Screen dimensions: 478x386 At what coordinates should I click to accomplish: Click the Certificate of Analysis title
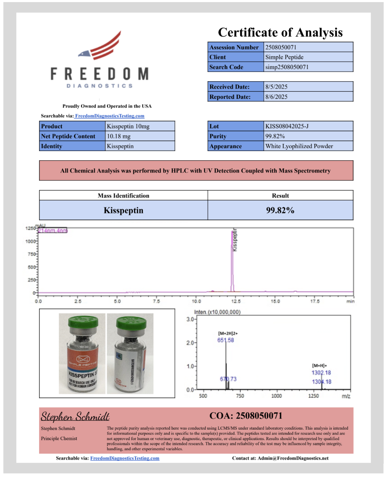280,32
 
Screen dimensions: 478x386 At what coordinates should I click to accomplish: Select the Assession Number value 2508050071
280,47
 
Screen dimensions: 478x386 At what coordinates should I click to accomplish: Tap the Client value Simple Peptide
284,57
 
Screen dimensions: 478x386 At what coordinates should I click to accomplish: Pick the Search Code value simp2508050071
287,67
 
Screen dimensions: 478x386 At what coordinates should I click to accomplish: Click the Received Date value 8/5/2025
276,87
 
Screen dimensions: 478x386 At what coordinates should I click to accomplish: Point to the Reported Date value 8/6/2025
276,97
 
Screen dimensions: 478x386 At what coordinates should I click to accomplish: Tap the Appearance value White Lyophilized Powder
299,146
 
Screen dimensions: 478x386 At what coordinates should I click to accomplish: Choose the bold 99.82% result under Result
280,210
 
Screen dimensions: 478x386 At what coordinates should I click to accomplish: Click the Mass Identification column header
123,196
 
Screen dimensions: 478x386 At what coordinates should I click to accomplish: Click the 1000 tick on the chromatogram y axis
30,242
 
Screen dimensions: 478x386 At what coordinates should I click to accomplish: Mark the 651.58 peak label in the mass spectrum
226,340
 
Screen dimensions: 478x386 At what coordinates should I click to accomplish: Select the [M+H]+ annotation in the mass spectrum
320,365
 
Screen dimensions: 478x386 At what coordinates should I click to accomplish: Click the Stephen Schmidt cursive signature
75,417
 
